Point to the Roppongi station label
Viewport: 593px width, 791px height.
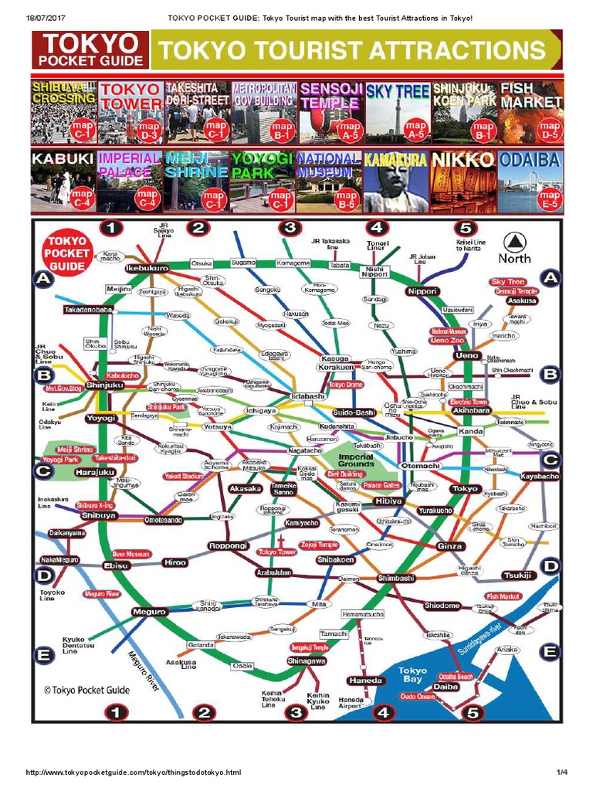click(228, 546)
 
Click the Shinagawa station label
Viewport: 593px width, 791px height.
click(307, 661)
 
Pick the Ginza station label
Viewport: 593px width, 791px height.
click(450, 546)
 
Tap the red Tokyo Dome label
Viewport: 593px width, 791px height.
click(346, 385)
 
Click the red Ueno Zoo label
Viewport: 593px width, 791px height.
click(447, 340)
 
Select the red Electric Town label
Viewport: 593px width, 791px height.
click(469, 402)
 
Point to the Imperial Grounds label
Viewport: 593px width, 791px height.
click(356, 460)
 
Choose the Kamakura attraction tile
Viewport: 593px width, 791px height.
click(396, 182)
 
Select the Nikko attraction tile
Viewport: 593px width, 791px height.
click(463, 182)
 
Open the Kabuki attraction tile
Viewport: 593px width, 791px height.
click(63, 182)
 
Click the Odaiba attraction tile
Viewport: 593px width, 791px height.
click(530, 182)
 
